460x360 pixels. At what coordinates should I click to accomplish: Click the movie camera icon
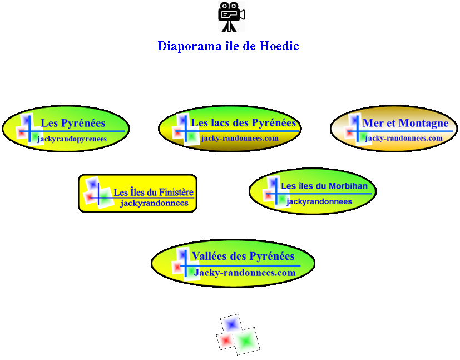click(x=231, y=16)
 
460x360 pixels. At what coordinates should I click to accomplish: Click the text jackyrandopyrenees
click(x=72, y=139)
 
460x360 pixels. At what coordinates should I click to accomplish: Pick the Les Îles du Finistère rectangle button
click(x=137, y=193)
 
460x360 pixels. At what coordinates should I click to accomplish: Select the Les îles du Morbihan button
click(x=312, y=191)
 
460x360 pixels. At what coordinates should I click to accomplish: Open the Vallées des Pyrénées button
click(x=233, y=263)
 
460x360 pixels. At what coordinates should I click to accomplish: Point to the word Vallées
click(x=209, y=256)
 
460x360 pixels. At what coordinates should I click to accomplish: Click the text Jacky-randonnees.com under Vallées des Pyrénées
click(x=245, y=273)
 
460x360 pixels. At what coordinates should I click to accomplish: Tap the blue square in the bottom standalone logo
click(x=231, y=324)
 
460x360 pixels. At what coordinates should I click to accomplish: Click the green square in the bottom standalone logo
click(x=245, y=340)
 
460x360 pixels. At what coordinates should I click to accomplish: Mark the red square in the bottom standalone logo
click(x=225, y=339)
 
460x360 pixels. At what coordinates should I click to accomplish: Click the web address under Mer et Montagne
click(x=404, y=138)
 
